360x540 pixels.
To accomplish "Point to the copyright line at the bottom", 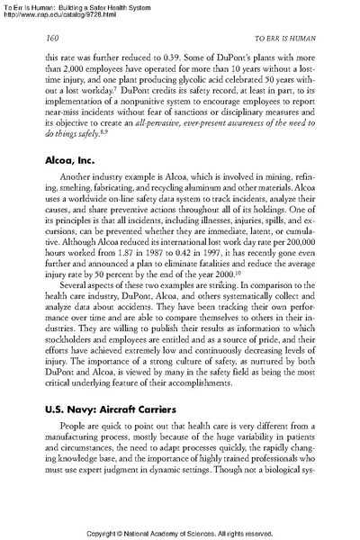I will click(179, 532).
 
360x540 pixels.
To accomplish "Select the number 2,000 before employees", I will click(69, 78).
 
